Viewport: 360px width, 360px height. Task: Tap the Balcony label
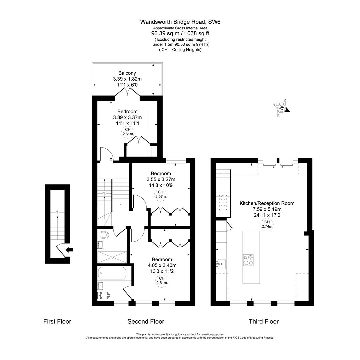127,73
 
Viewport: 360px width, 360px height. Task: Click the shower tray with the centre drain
112,257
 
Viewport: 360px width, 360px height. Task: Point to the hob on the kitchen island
248,260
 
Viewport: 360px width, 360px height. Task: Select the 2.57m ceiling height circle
161,194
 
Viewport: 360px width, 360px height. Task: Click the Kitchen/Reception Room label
267,203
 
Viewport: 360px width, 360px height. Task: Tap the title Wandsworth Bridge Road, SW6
180,22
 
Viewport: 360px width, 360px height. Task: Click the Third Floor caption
264,322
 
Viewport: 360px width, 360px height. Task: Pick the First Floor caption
57,322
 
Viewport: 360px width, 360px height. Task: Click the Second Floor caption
146,322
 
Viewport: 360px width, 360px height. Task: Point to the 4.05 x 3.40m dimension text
162,265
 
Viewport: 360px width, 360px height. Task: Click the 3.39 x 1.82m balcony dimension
127,79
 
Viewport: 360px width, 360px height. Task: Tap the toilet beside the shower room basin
104,234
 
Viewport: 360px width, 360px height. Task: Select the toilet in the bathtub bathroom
104,295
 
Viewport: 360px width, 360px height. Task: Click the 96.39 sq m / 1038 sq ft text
180,33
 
